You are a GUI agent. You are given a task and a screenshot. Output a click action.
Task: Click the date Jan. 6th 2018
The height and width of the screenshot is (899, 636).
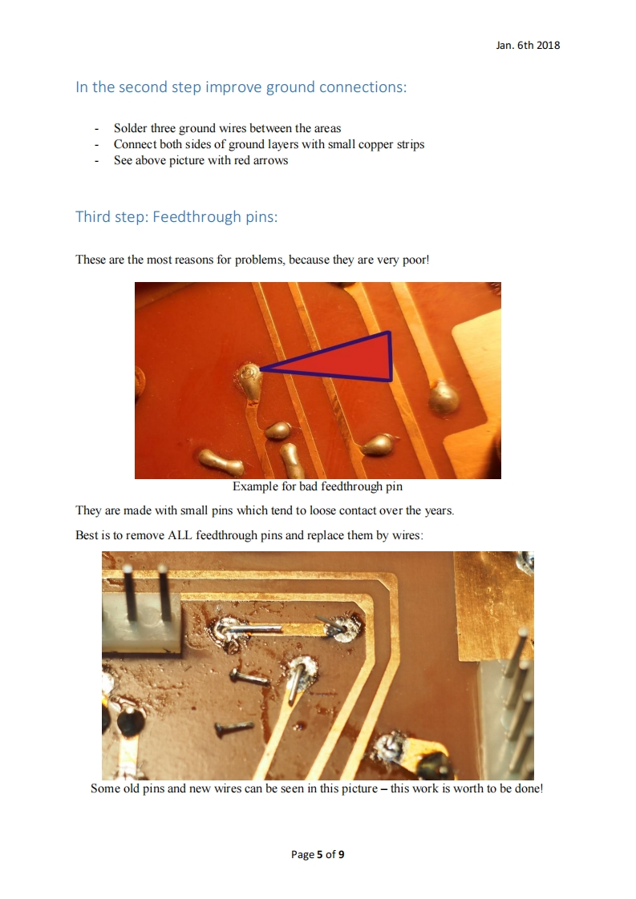point(528,46)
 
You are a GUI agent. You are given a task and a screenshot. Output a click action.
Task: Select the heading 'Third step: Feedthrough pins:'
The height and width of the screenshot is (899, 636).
point(176,216)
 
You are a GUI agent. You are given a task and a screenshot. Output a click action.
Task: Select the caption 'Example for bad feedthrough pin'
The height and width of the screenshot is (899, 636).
point(318,487)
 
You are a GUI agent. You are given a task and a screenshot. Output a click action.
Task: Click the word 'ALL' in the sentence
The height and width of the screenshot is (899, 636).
point(180,535)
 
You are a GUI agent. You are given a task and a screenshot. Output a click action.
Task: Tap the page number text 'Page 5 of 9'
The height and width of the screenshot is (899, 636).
point(318,854)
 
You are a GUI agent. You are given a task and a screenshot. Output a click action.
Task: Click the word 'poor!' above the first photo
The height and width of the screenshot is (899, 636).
point(415,260)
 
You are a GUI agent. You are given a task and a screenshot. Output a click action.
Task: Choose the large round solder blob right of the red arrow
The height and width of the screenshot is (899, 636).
point(444,396)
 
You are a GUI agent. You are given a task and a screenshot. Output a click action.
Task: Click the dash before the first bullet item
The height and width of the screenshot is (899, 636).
point(96,129)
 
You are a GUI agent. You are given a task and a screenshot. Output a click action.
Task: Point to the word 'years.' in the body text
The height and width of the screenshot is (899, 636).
point(440,511)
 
